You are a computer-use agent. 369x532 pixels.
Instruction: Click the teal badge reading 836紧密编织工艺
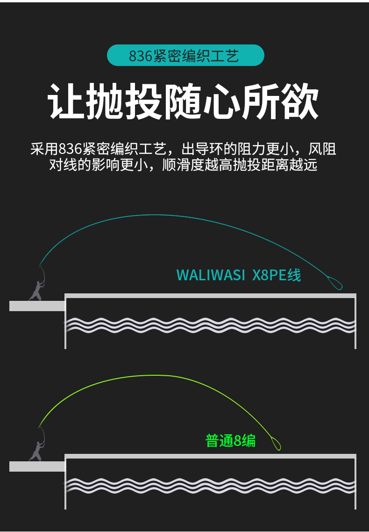(x=185, y=55)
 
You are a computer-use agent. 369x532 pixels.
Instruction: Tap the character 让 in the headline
(x=66, y=102)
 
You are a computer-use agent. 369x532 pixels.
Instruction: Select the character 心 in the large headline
(x=221, y=102)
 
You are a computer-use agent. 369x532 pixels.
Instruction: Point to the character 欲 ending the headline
(x=300, y=102)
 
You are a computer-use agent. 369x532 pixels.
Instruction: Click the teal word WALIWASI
(x=210, y=275)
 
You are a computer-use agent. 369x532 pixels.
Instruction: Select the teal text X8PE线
(x=277, y=275)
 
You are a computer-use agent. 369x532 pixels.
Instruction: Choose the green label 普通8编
(x=230, y=441)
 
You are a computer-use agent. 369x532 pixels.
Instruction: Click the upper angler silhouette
(x=36, y=291)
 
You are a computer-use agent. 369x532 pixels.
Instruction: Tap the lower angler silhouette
(x=36, y=451)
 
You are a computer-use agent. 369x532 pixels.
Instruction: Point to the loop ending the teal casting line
(x=334, y=283)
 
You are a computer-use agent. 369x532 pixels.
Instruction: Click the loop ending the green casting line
(x=276, y=444)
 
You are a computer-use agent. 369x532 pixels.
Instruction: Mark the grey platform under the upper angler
(x=37, y=306)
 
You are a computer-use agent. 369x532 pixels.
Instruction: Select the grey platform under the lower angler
(x=37, y=466)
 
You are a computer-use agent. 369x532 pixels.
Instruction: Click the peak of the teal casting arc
(x=154, y=215)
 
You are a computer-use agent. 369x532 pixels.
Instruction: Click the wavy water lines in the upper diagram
(x=210, y=325)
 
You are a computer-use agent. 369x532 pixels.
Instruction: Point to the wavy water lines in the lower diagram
(x=210, y=486)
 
